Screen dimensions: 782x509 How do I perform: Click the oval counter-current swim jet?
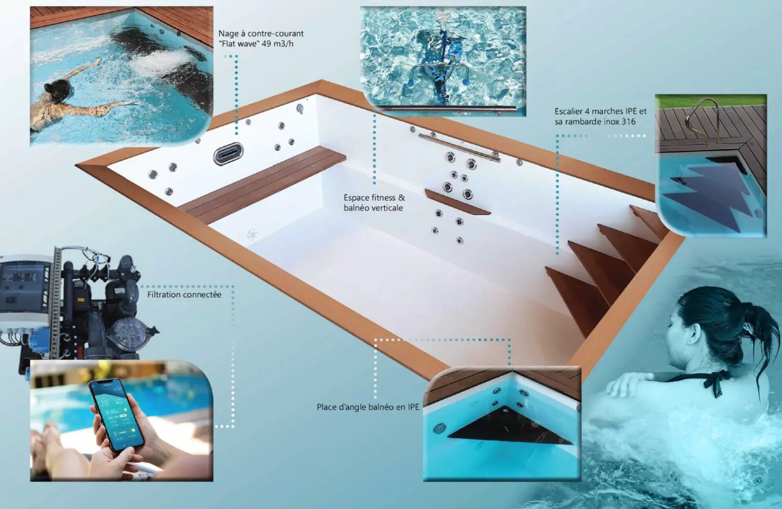tap(228, 154)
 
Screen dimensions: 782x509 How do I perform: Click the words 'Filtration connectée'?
tap(185, 294)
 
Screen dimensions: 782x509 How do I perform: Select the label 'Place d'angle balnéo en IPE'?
tap(368, 407)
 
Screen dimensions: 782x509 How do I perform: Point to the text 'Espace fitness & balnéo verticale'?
tap(374, 202)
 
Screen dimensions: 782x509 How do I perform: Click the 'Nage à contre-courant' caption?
tap(261, 33)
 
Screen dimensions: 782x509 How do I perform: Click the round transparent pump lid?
tap(129, 332)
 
